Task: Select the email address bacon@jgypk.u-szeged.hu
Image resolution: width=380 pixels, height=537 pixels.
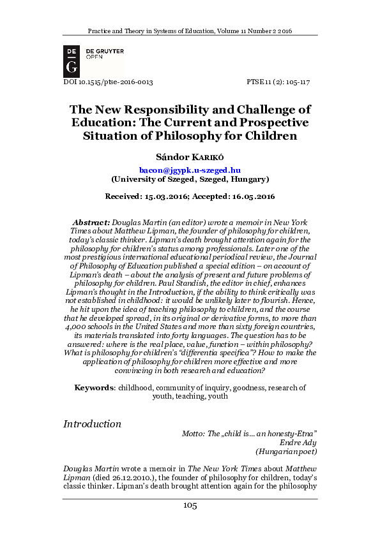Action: (190, 170)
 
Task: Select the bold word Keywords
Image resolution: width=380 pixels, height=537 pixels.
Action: (94, 387)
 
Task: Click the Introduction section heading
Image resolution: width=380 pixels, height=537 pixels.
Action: (92, 424)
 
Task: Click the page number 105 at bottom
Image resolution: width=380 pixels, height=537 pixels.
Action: (190, 506)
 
